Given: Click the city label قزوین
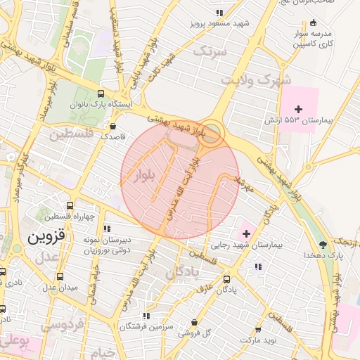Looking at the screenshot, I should pyautogui.click(x=46, y=238).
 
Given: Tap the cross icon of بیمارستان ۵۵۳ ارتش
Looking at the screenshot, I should pyautogui.click(x=299, y=108).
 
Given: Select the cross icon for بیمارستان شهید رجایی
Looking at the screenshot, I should pyautogui.click(x=245, y=233).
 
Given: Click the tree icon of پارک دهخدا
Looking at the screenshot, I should pyautogui.click(x=323, y=244).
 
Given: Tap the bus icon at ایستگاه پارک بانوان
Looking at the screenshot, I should pyautogui.click(x=101, y=93).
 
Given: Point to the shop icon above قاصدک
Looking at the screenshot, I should pyautogui.click(x=112, y=126).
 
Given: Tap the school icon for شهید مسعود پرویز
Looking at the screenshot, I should pyautogui.click(x=219, y=13).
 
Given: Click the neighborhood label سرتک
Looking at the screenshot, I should pyautogui.click(x=210, y=51).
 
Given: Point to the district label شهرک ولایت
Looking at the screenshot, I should pyautogui.click(x=256, y=79).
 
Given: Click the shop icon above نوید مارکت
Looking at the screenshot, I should pyautogui.click(x=258, y=328).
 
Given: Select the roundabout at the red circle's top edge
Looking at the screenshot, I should pyautogui.click(x=210, y=132).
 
